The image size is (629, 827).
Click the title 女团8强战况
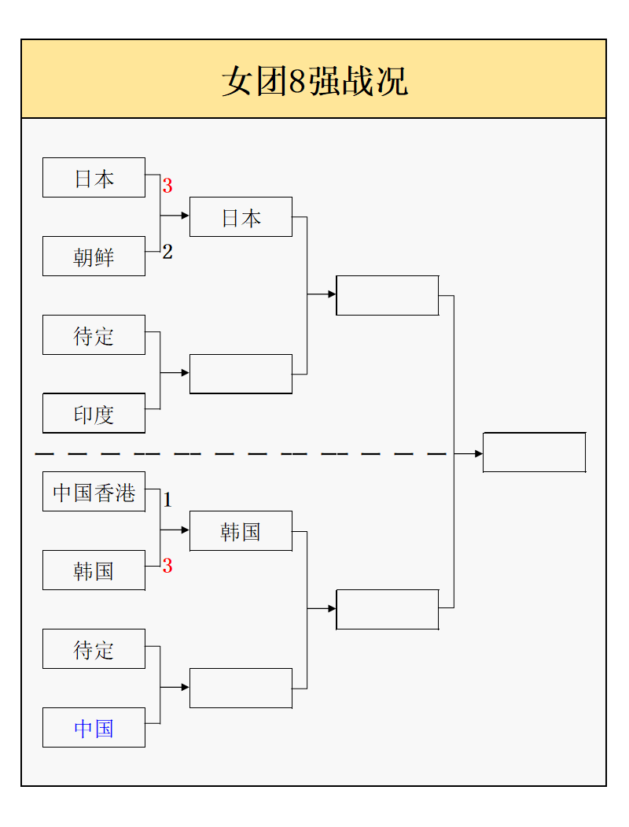pyautogui.click(x=314, y=81)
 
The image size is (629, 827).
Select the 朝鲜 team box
pyautogui.click(x=94, y=257)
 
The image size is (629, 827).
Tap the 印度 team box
pyautogui.click(x=94, y=414)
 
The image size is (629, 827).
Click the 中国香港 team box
pyautogui.click(x=94, y=492)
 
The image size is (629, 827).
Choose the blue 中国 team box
pyautogui.click(x=94, y=728)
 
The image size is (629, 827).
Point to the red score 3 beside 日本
pyautogui.click(x=167, y=186)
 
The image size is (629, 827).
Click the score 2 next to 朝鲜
pyautogui.click(x=167, y=252)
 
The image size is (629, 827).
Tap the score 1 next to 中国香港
pyautogui.click(x=167, y=500)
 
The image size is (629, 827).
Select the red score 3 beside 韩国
pyautogui.click(x=167, y=566)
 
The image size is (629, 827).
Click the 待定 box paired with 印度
pyautogui.click(x=94, y=335)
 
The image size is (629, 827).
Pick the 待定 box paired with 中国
pyautogui.click(x=94, y=649)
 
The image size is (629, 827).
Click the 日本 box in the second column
pyautogui.click(x=241, y=217)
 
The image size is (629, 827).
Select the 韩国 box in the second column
pyautogui.click(x=241, y=531)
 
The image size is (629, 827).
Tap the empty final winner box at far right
pyautogui.click(x=534, y=452)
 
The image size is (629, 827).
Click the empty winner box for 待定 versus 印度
pyautogui.click(x=241, y=374)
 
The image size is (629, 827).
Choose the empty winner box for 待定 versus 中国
pyautogui.click(x=241, y=688)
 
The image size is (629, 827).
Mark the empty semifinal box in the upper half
pyautogui.click(x=387, y=295)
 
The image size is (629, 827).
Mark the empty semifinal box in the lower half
pyautogui.click(x=387, y=609)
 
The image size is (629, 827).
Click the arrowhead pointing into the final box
pyautogui.click(x=478, y=454)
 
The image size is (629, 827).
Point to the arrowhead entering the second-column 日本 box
pyautogui.click(x=185, y=215)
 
